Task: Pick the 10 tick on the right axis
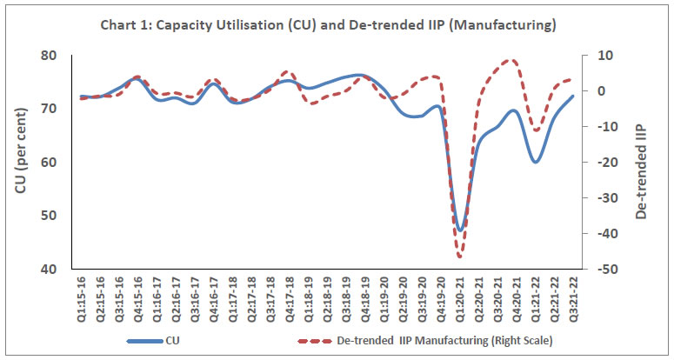tap(604, 56)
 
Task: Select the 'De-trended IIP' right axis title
tap(642, 162)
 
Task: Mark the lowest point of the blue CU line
tap(460, 230)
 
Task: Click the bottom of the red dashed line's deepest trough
tap(459, 257)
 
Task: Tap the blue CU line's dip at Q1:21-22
tap(536, 162)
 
